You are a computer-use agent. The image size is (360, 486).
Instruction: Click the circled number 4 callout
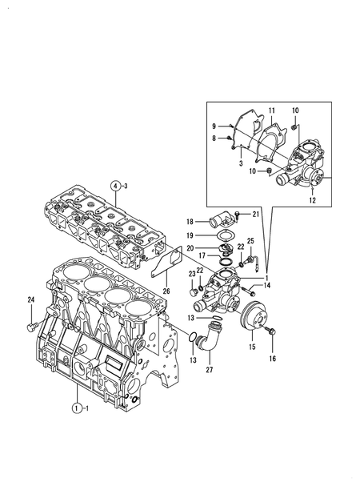click(115, 187)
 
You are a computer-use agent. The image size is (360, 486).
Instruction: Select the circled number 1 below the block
click(77, 408)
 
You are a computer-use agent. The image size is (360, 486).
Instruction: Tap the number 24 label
click(30, 299)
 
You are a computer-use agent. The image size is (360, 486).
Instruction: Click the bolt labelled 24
click(32, 327)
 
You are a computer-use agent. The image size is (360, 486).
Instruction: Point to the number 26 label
click(166, 291)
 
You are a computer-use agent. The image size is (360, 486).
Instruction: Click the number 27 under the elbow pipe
click(210, 370)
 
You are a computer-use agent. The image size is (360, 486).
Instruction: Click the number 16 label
click(272, 359)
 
